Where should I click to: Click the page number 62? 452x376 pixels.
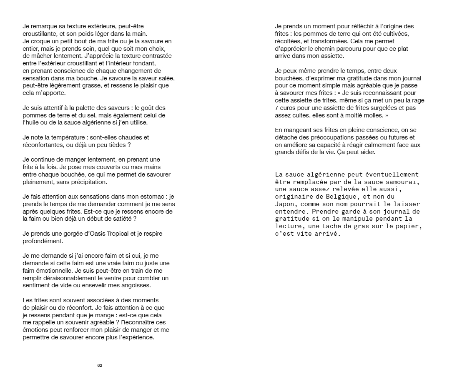click(x=100, y=365)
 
